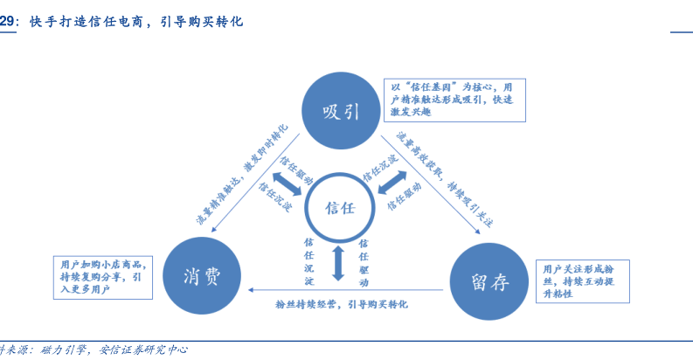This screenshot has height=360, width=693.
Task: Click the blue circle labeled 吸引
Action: click(x=341, y=111)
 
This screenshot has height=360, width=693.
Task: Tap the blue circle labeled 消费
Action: click(x=202, y=275)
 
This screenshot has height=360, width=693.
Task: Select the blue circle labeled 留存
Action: click(x=489, y=280)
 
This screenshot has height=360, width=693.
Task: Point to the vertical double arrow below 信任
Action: click(x=340, y=262)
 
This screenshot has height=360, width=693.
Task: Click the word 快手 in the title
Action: click(x=41, y=22)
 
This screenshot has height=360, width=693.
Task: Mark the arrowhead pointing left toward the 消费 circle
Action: click(x=253, y=288)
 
